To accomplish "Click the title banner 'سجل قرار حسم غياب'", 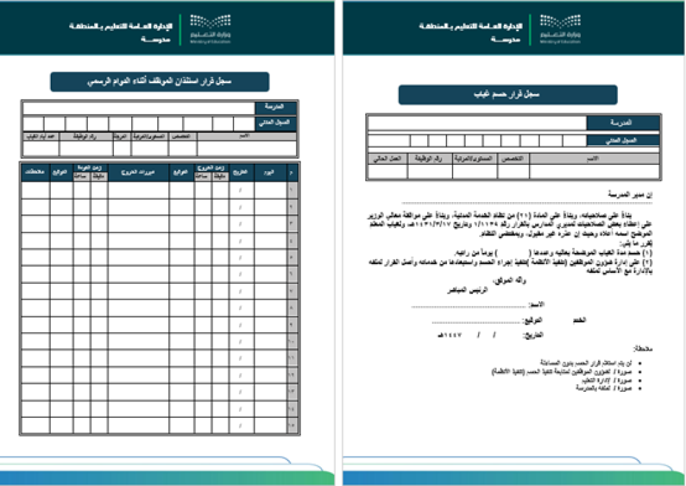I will pyautogui.click(x=507, y=95).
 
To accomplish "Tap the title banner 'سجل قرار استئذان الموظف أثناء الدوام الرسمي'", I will pyautogui.click(x=159, y=82).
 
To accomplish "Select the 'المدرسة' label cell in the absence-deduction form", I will pyautogui.click(x=622, y=123).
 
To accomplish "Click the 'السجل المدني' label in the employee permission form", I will pyautogui.click(x=275, y=123).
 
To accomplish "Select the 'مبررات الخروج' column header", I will pyautogui.click(x=138, y=172).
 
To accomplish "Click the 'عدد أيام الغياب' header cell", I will pyautogui.click(x=41, y=136).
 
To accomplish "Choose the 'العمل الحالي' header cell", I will pyautogui.click(x=387, y=158).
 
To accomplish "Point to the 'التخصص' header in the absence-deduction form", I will pyautogui.click(x=513, y=158).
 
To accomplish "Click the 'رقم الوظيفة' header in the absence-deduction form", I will pyautogui.click(x=429, y=158).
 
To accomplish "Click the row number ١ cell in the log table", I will pyautogui.click(x=291, y=189).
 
